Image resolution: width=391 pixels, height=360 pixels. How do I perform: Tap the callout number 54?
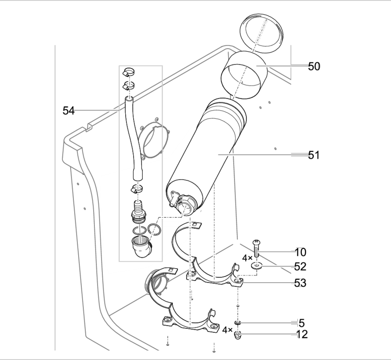(x=68, y=111)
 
